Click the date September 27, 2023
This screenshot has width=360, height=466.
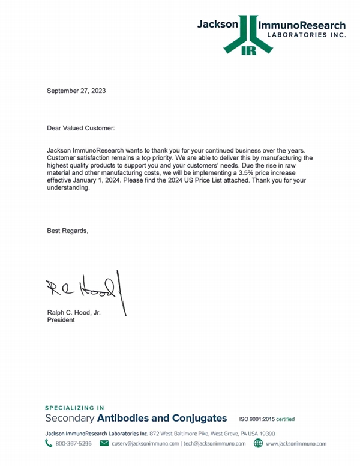pos(76,91)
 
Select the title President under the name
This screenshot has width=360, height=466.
pos(61,321)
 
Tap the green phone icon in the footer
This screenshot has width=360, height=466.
pos(49,444)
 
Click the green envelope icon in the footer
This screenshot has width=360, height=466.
pos(103,444)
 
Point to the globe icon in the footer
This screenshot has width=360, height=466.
pos(258,444)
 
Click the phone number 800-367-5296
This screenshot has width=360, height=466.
pos(73,444)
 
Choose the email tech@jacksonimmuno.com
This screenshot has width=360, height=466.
pos(215,444)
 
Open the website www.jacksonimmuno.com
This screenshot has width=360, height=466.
pos(296,444)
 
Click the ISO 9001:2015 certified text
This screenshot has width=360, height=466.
pos(266,419)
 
